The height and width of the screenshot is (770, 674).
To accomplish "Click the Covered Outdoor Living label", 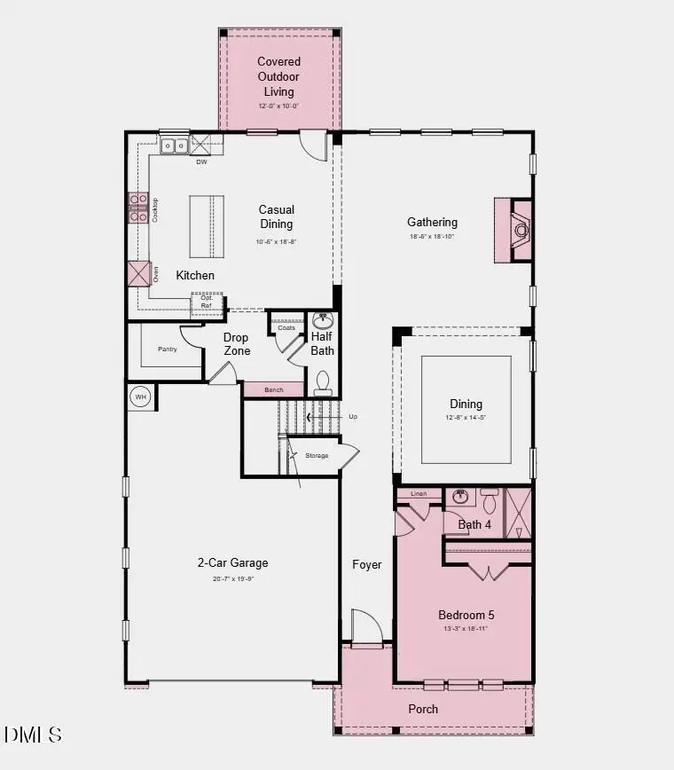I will click(278, 76).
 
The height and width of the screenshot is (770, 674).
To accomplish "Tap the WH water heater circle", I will click(140, 397).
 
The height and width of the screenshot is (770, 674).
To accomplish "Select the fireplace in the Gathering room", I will click(521, 230).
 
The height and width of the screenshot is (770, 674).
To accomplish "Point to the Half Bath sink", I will click(324, 320).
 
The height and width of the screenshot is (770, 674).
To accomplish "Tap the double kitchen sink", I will click(174, 145).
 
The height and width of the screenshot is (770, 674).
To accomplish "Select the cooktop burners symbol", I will click(137, 208).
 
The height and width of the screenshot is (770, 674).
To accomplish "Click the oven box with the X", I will click(139, 273).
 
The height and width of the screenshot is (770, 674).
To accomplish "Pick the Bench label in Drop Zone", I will click(273, 390).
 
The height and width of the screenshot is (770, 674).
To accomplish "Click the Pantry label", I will click(168, 349).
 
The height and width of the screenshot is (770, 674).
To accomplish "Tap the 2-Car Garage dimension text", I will click(232, 578).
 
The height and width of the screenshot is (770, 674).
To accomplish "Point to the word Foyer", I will click(367, 564).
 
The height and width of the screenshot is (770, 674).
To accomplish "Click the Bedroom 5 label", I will click(466, 615).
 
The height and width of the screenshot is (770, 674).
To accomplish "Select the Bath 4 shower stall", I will click(518, 513).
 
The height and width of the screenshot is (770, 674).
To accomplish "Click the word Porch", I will click(423, 709).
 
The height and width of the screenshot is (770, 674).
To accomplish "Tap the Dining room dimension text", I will click(465, 418).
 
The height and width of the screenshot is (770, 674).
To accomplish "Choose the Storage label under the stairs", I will click(317, 455).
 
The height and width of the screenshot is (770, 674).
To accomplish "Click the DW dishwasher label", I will click(201, 162).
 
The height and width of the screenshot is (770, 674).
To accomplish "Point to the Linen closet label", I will click(419, 493).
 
